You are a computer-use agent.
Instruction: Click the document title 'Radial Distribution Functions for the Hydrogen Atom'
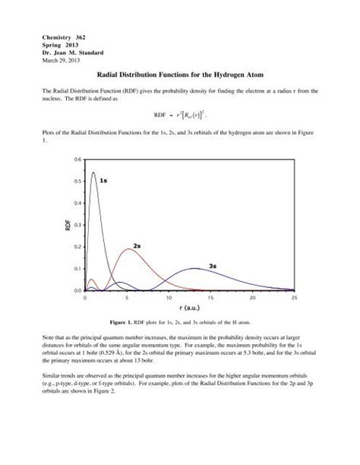pos(179,76)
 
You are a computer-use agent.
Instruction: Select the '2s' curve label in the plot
pos(137,246)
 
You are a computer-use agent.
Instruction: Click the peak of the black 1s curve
pos(93,172)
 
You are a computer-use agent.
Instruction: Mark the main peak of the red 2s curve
pos(130,249)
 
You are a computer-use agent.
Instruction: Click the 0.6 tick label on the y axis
pos(77,160)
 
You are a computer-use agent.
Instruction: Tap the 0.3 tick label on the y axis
pos(77,225)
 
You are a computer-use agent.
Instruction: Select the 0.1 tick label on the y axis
pos(77,269)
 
